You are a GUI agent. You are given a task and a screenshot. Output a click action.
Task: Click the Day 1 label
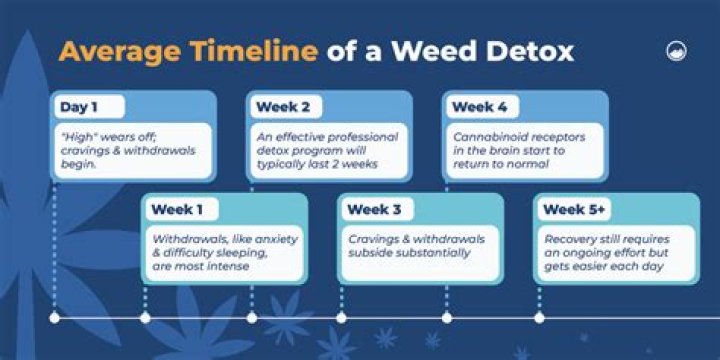78,107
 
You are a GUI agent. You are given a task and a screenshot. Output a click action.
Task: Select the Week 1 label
179,209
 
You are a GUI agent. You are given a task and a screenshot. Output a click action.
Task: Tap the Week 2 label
283,107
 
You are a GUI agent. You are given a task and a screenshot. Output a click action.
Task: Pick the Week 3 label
374,209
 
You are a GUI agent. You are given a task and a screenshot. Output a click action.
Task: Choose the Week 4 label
479,107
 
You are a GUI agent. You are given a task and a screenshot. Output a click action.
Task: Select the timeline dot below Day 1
54,318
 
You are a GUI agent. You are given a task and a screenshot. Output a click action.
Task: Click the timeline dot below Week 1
145,318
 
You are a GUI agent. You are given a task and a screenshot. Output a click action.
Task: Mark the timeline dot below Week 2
251,318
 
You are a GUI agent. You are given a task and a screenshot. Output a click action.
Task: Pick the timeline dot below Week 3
341,318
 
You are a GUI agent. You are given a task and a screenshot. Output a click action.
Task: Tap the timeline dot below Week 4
446,318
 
